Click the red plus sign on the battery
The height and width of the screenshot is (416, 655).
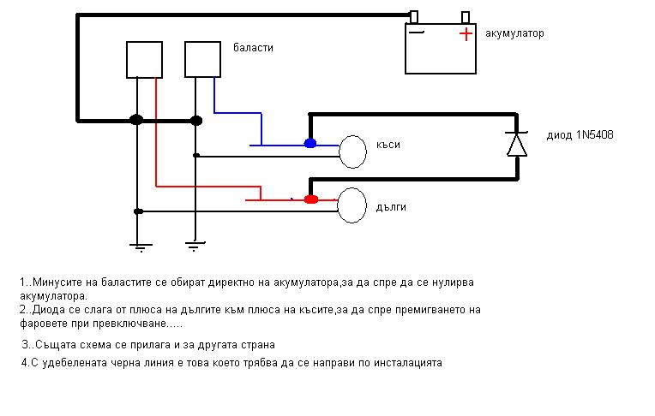pyautogui.click(x=465, y=34)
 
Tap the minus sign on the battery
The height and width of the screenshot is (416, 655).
pyautogui.click(x=417, y=33)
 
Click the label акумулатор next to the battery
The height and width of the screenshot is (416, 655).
pyautogui.click(x=514, y=34)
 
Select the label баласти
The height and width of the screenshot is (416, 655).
pyautogui.click(x=253, y=48)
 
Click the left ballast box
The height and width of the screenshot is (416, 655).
pyautogui.click(x=144, y=59)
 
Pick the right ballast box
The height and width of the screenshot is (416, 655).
pyautogui.click(x=203, y=59)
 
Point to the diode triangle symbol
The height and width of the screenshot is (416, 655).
pyautogui.click(x=516, y=144)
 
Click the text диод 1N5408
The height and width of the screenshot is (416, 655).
pyautogui.click(x=580, y=135)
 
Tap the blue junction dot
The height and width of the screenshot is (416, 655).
pyautogui.click(x=310, y=143)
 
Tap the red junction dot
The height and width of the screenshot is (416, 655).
pyautogui.click(x=311, y=199)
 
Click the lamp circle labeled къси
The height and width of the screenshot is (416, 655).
pyautogui.click(x=352, y=151)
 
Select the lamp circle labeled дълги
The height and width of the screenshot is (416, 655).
pyautogui.click(x=352, y=205)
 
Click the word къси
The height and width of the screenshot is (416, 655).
pyautogui.click(x=388, y=144)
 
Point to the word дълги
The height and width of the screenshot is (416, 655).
pyautogui.click(x=390, y=207)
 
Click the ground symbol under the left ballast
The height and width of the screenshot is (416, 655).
pyautogui.click(x=136, y=247)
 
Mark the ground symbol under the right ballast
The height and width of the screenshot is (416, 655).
pyautogui.click(x=195, y=247)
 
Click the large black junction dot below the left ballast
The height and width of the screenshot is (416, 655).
pyautogui.click(x=136, y=120)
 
